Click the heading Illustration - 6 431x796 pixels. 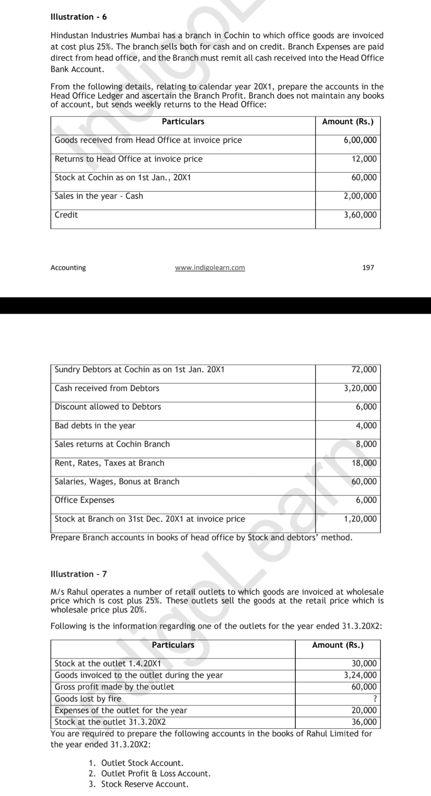click(79, 17)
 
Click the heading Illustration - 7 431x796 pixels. click(79, 574)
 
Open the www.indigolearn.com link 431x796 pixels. click(210, 267)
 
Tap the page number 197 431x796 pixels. click(368, 267)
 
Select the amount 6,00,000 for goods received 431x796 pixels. click(360, 140)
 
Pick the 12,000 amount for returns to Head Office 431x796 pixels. click(364, 159)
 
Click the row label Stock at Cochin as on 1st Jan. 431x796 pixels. click(123, 178)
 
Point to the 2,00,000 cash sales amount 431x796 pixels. click(360, 196)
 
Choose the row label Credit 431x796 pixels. click(66, 215)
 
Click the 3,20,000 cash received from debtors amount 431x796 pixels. click(360, 388)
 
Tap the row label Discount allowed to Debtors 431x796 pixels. click(108, 407)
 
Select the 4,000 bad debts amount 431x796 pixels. click(366, 426)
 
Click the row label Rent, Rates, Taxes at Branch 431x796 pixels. click(109, 463)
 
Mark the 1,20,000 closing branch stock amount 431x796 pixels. click(360, 519)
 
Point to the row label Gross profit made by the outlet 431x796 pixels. click(114, 687)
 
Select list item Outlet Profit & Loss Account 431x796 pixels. click(156, 773)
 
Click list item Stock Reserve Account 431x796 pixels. click(144, 784)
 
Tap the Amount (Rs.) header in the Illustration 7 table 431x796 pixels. click(338, 645)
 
